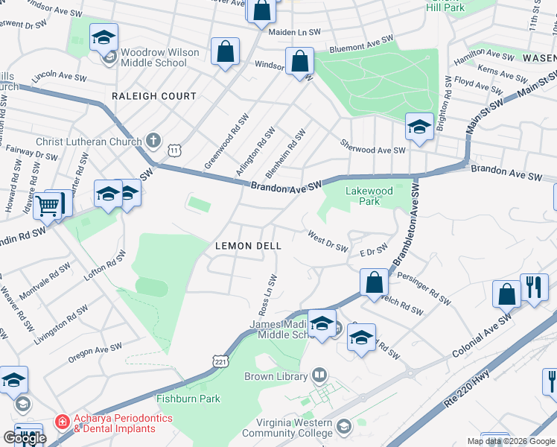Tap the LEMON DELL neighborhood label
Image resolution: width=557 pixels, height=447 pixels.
[x=248, y=246]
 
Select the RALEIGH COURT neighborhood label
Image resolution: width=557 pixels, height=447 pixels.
[x=153, y=96]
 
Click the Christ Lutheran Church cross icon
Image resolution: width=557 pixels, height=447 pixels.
[x=153, y=140]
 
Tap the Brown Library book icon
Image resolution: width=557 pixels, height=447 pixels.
[x=319, y=375]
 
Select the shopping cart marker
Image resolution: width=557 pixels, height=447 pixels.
[x=49, y=204]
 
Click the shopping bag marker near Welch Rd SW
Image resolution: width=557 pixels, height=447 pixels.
[x=374, y=282]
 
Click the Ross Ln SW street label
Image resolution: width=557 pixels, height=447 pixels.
[x=266, y=294]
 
